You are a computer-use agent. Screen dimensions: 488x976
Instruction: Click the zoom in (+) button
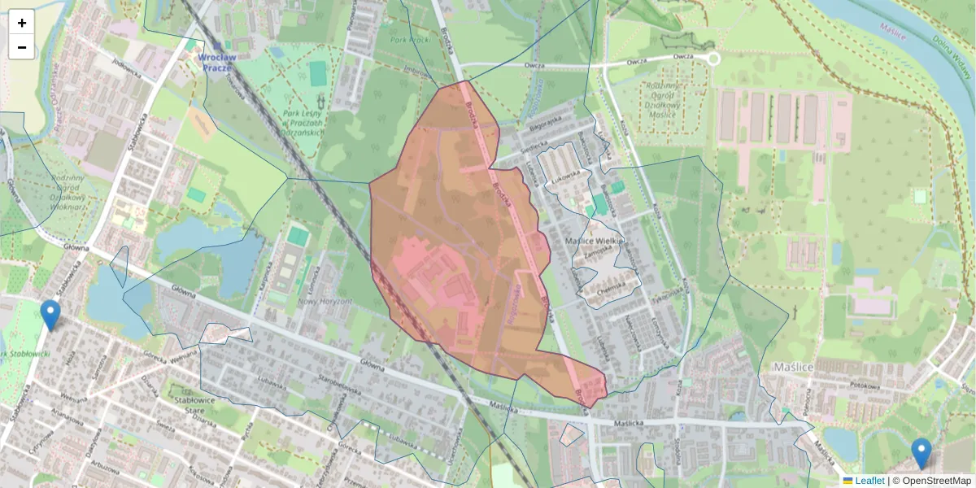[22, 23]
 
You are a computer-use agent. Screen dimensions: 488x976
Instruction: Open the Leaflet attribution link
[869, 481]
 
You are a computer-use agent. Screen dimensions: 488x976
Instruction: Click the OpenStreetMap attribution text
[936, 481]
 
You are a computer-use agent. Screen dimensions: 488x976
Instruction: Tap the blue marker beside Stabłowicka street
[50, 315]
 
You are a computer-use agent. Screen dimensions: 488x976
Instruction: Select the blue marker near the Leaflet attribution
[921, 453]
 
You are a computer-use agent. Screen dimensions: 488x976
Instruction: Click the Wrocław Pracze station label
[215, 63]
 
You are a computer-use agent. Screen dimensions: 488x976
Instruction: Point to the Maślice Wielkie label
[594, 242]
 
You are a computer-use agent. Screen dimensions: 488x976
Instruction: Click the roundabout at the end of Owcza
[712, 59]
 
